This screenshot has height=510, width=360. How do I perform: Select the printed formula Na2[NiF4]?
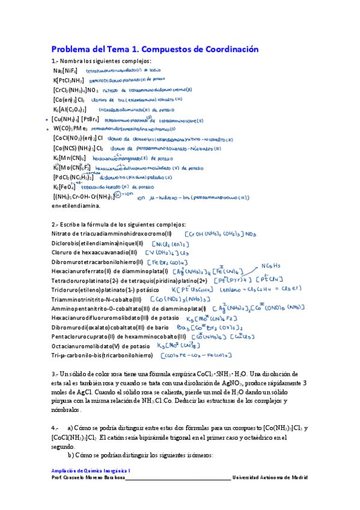66,71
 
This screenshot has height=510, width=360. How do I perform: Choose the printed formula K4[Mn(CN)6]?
69,158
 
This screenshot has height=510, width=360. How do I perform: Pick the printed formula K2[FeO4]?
67,187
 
